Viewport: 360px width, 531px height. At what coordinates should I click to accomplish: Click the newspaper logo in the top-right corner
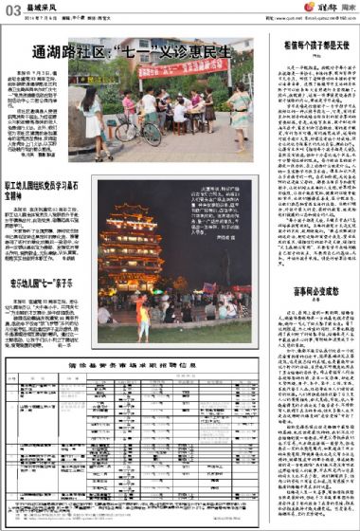[x=333, y=9]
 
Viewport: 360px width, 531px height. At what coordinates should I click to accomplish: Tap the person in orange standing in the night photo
[x=147, y=314]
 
